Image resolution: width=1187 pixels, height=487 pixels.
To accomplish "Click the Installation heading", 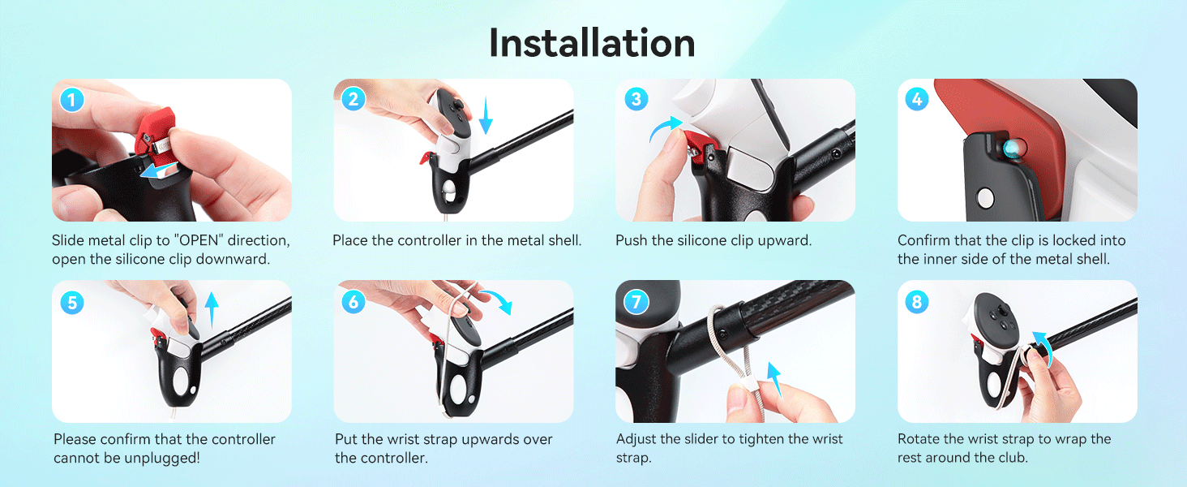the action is click(x=592, y=43).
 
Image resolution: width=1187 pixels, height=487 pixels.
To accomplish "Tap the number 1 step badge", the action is click(x=72, y=99).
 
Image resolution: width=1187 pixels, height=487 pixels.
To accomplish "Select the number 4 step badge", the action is click(x=917, y=99).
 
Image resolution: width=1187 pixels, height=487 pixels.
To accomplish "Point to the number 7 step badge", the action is click(x=636, y=303).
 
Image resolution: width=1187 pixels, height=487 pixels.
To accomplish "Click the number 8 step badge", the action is click(x=917, y=303).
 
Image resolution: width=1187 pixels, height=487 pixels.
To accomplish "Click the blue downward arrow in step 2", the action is click(x=486, y=115).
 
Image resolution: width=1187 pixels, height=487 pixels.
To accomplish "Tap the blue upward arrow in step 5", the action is click(x=212, y=310).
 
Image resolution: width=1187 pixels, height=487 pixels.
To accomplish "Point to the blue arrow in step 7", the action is click(x=775, y=380).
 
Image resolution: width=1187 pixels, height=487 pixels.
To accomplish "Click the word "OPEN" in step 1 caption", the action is click(x=199, y=240).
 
